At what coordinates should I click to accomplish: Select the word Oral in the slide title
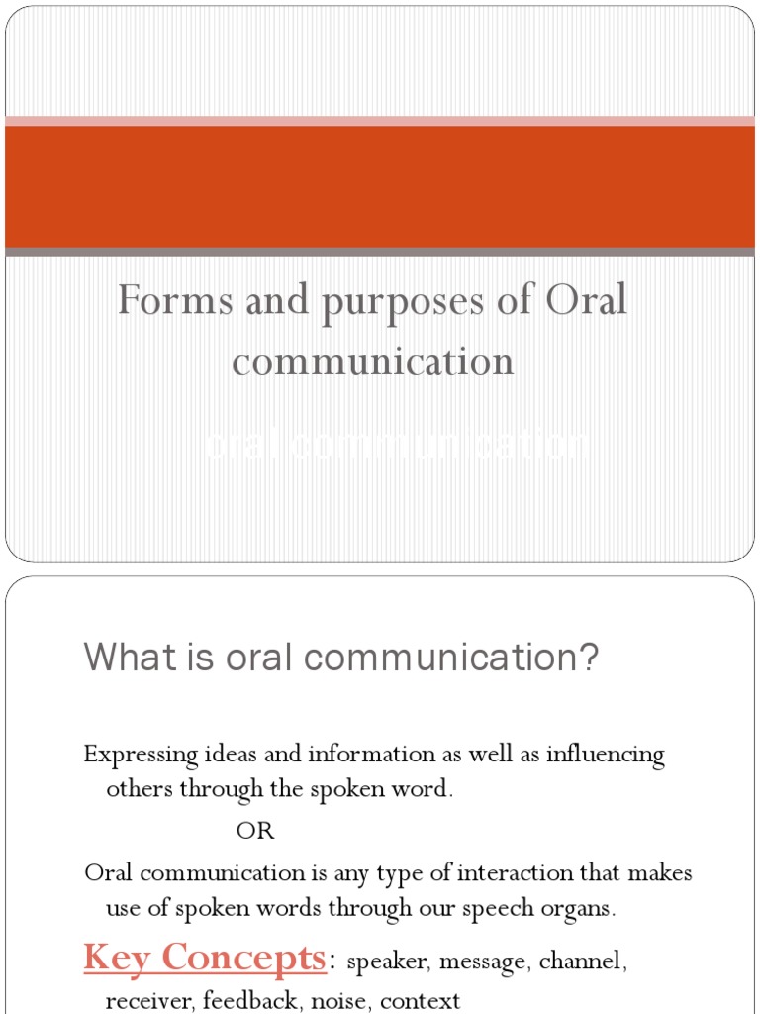[x=585, y=300]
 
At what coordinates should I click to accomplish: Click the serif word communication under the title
[x=373, y=361]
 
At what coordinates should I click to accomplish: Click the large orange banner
[x=380, y=186]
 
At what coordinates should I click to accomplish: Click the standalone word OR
[x=254, y=832]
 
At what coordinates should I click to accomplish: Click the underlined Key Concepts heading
[x=205, y=958]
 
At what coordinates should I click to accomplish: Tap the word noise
[x=332, y=1001]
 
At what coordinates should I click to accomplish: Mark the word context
[x=420, y=1001]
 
